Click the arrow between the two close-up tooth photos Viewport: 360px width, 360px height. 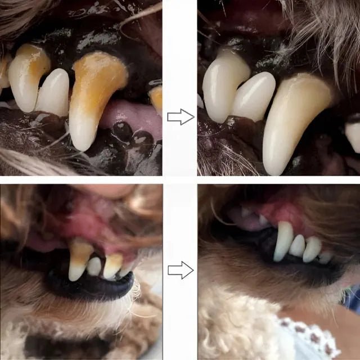click(181, 117)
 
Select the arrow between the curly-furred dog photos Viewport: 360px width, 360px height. click(181, 271)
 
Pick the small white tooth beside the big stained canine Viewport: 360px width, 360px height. click(53, 92)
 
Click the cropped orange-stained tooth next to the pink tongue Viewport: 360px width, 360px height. click(156, 98)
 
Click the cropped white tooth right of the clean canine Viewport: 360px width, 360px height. click(353, 135)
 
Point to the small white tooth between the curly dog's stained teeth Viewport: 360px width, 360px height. click(94, 266)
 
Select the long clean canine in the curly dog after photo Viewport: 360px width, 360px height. click(283, 241)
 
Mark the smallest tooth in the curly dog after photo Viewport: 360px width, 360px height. click(325, 257)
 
